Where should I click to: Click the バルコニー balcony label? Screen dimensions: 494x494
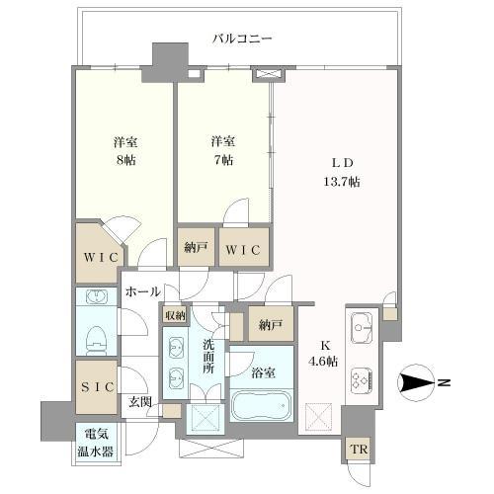242,40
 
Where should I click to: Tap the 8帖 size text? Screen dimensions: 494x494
126,160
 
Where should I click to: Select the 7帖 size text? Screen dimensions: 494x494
223,160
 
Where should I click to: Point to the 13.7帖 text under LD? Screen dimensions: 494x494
342,182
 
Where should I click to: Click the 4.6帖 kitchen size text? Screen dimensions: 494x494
323,362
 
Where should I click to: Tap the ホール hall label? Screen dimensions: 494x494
142,291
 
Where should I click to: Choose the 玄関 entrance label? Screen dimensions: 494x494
140,401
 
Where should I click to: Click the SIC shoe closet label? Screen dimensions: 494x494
98,387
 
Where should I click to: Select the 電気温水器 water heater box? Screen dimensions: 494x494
97,444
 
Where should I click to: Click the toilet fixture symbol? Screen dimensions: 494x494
97,340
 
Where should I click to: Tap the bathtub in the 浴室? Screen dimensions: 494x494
261,405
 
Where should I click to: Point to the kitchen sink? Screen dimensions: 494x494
362,327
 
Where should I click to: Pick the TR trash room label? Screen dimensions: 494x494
359,450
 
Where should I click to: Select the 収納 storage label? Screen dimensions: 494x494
175,316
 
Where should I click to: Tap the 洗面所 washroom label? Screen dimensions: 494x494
208,357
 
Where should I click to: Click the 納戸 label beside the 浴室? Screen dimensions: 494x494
271,325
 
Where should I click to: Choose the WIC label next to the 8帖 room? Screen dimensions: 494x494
101,257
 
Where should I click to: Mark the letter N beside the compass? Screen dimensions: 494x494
445,382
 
